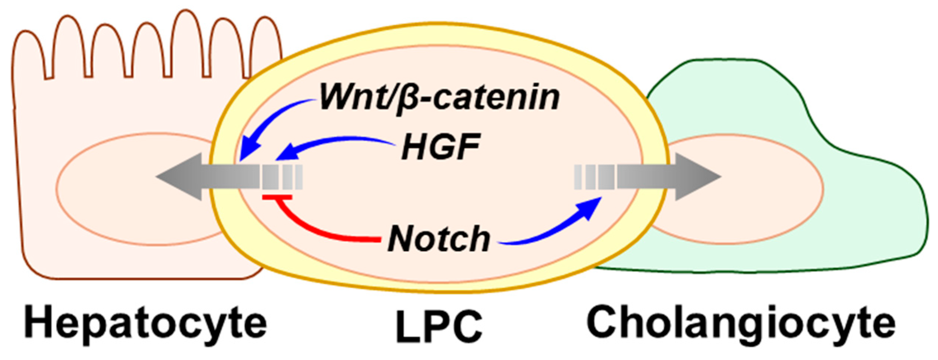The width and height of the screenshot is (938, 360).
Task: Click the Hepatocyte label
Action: (x=145, y=324)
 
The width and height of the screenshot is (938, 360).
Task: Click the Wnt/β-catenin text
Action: (x=439, y=98)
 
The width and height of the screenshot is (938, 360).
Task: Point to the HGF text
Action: (x=441, y=147)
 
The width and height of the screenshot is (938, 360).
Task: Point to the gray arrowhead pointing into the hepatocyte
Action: (x=178, y=177)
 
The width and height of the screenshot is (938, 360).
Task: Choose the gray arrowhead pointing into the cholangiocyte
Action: (x=697, y=177)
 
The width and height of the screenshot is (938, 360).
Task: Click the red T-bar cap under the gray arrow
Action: (x=277, y=198)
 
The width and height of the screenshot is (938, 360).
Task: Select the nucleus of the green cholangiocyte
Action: (x=742, y=189)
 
